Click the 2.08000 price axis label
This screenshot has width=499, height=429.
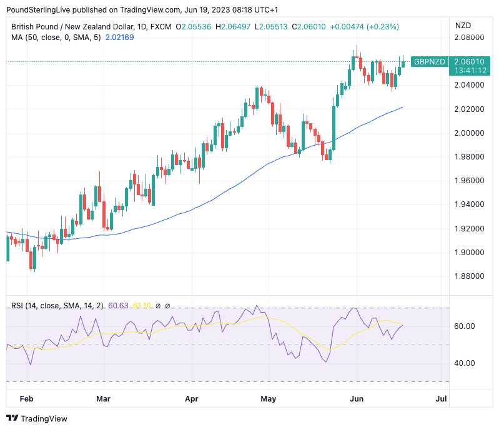tap(468, 38)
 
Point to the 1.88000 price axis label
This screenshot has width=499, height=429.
tap(468, 276)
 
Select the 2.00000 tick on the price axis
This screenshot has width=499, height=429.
tap(468, 133)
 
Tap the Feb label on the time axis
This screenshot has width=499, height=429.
tap(26, 398)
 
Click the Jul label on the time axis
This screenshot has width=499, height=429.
tap(441, 398)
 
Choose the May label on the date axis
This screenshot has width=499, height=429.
tap(269, 398)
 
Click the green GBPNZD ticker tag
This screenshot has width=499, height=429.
tap(430, 62)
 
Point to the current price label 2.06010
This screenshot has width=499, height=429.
tap(469, 62)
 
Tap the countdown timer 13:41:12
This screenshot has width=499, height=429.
tap(469, 71)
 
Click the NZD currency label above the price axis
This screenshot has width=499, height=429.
tap(463, 26)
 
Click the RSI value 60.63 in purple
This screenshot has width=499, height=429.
tap(118, 306)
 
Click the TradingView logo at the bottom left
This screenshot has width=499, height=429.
tap(36, 418)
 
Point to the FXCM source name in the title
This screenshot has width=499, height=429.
tap(161, 27)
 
